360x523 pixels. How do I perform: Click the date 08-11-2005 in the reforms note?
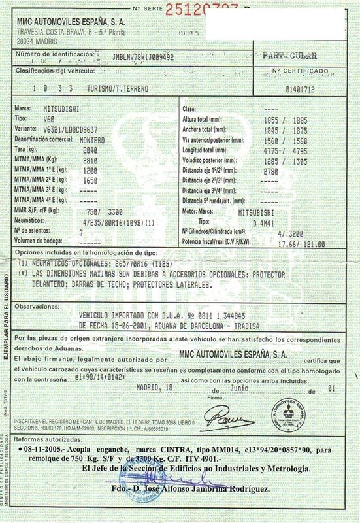44,452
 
